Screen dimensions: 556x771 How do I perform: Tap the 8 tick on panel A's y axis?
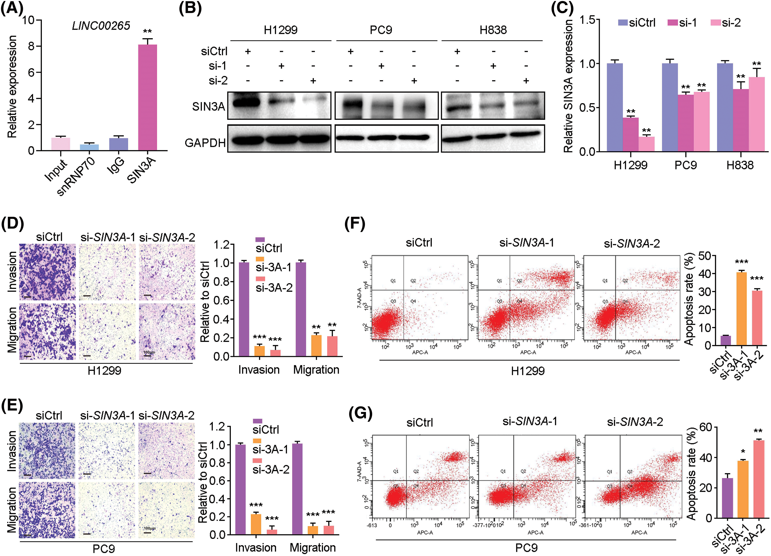[31, 46]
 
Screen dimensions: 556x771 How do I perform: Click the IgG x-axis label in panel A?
[116, 166]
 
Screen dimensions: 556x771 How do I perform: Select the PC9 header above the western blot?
[381, 30]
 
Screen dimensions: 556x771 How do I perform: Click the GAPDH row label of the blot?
[205, 143]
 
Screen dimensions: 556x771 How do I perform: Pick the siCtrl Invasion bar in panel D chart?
[244, 309]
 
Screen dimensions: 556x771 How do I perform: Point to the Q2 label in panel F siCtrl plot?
[413, 281]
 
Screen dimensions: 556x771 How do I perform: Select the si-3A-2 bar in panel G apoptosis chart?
[758, 479]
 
